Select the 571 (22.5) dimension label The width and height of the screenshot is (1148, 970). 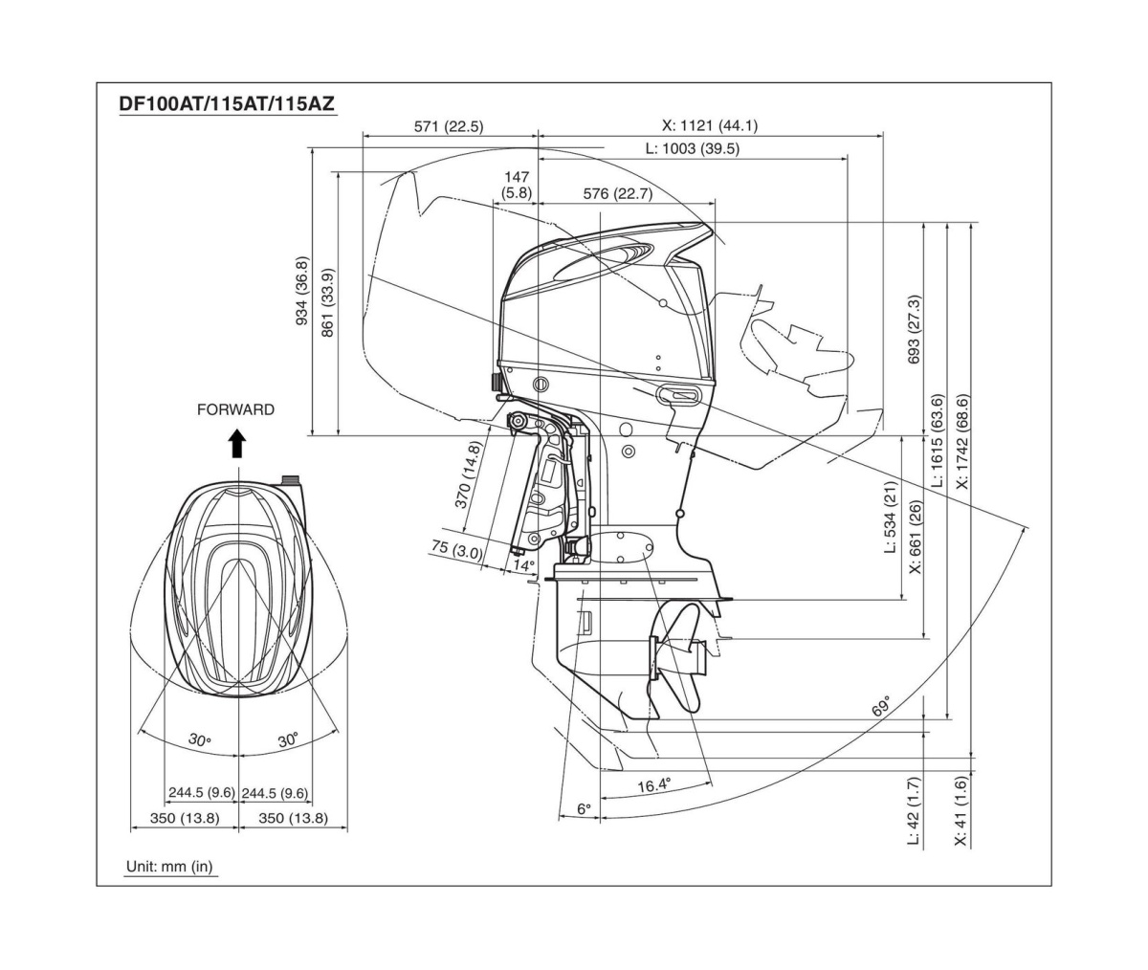(449, 125)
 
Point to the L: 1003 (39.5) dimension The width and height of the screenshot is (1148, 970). (692, 148)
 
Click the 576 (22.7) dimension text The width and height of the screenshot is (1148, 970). (617, 194)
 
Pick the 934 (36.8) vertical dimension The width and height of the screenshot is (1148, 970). (302, 290)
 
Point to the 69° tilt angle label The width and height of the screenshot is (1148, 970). (881, 707)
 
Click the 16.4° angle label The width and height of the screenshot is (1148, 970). (653, 785)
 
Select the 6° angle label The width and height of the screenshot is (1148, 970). (584, 809)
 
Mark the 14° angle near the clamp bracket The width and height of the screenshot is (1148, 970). (522, 565)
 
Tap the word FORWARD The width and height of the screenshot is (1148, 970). (235, 409)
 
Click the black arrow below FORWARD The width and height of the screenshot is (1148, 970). (237, 444)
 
